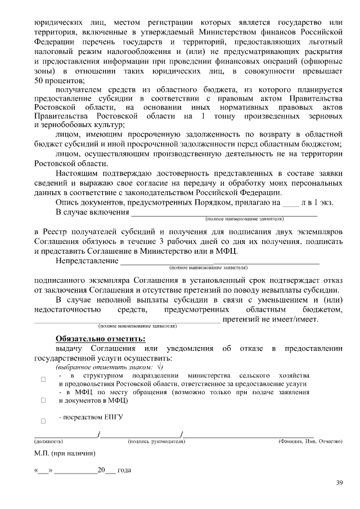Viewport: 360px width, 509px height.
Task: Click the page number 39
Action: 339,482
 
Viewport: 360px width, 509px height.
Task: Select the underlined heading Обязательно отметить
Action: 100,339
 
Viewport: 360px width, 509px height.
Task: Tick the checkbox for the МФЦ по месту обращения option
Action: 43,400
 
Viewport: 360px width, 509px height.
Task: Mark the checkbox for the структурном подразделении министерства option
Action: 43,380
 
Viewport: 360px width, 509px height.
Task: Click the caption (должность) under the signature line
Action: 49,442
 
